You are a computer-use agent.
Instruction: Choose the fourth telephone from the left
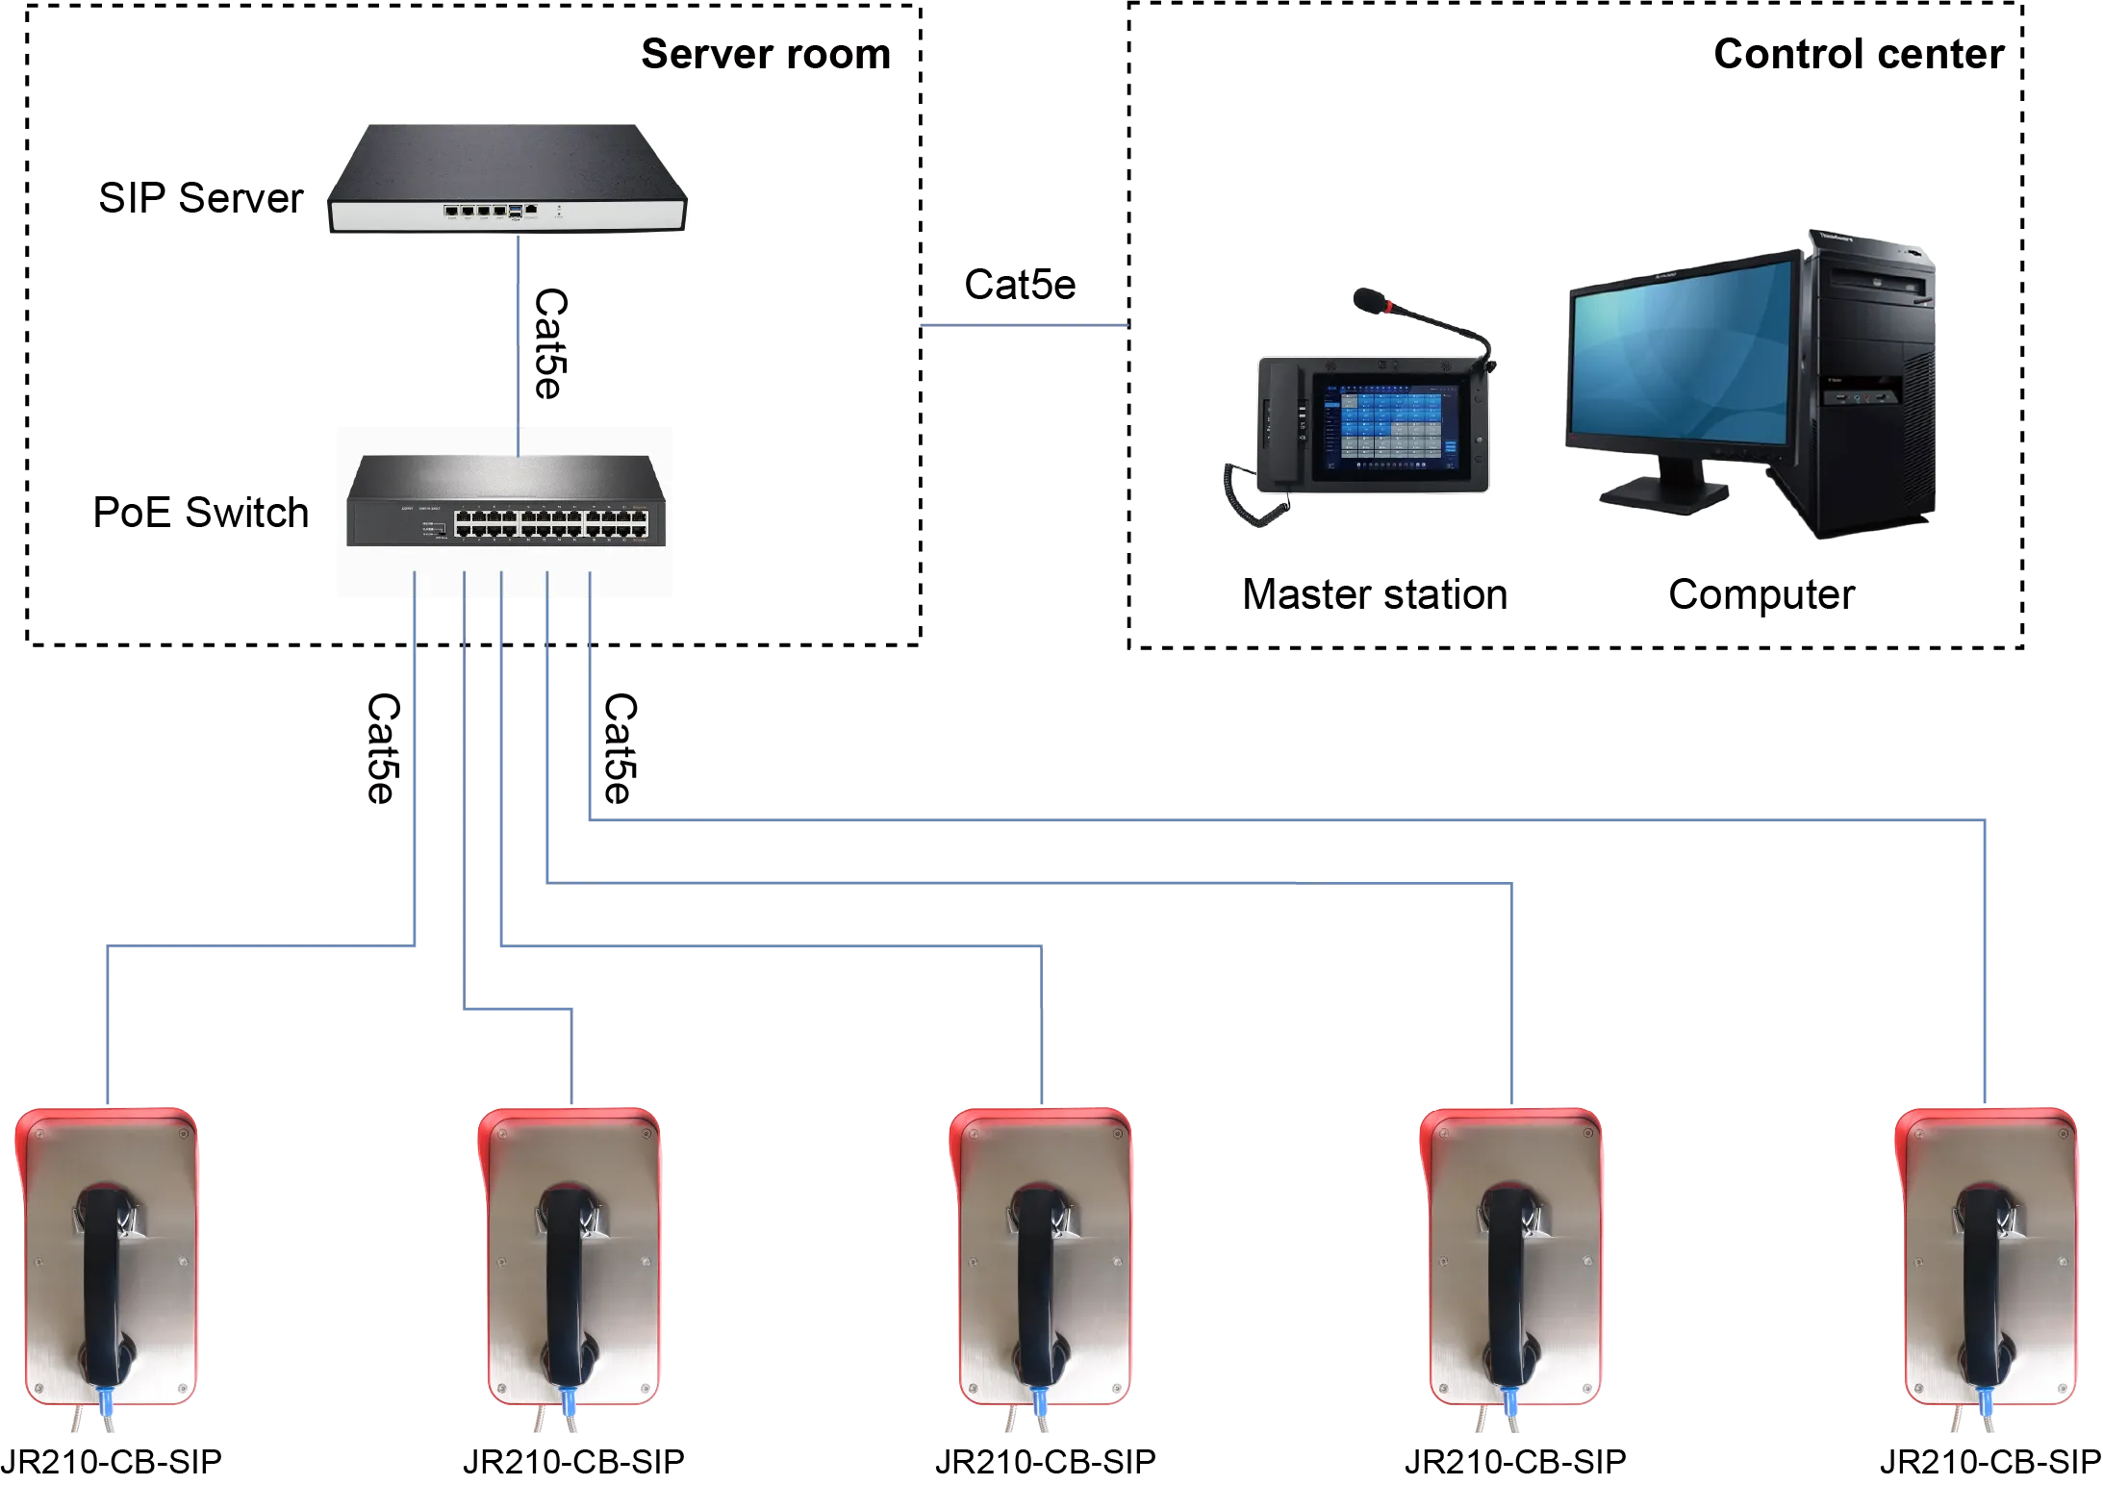tap(1512, 1260)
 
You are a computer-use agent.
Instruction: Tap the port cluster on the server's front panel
tap(491, 210)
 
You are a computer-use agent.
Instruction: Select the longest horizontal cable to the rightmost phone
tap(1289, 819)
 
